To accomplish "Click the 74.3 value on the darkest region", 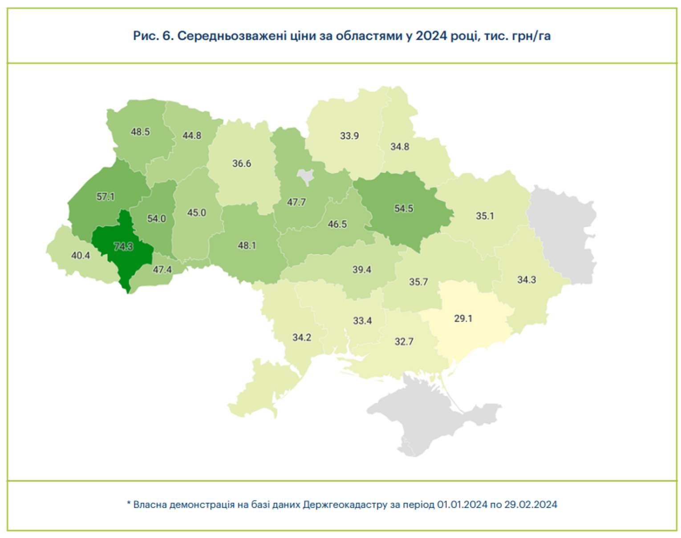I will [123, 246].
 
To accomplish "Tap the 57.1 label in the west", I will [105, 196].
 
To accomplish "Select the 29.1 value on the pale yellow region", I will [463, 318].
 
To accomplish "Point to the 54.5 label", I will [403, 208].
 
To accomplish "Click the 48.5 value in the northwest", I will [140, 132].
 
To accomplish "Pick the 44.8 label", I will [192, 135].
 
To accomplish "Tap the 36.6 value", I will [242, 163].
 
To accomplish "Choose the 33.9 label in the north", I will [349, 136].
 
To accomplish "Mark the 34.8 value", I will [400, 146].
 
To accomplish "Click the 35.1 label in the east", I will [485, 216].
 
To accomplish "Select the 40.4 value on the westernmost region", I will [81, 255].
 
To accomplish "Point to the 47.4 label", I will [162, 269].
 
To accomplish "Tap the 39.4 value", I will [361, 269].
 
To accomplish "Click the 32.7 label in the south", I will [404, 341].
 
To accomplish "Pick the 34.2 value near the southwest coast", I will [302, 337].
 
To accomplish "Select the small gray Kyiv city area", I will [306, 176].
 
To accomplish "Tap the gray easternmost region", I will [565, 236].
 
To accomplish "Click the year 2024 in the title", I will [431, 36].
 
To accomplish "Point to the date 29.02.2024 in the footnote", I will [531, 504].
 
